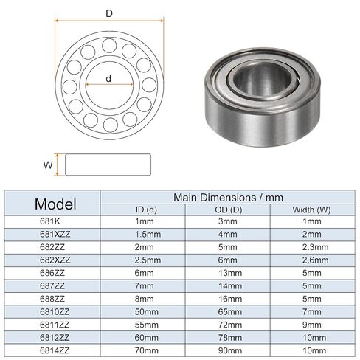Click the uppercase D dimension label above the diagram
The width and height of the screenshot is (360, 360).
click(109, 13)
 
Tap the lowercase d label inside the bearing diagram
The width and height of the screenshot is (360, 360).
click(108, 79)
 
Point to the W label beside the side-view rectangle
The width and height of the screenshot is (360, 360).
click(48, 165)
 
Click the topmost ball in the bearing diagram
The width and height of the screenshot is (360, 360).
click(109, 46)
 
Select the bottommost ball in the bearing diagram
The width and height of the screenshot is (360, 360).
click(111, 125)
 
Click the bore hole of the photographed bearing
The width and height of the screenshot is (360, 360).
click(263, 80)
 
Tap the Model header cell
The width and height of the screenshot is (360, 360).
click(55, 204)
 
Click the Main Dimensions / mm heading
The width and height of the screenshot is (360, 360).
click(228, 198)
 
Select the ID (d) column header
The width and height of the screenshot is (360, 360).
click(146, 210)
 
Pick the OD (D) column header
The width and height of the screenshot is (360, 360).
click(229, 210)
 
